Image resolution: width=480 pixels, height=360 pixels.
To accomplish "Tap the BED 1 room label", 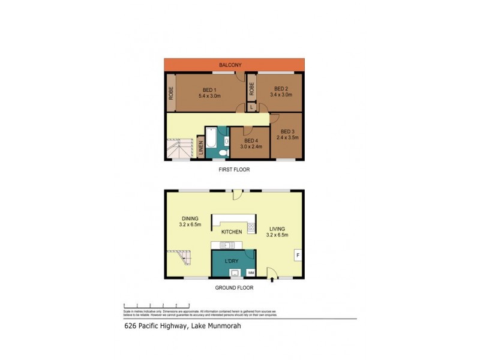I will (x=210, y=90).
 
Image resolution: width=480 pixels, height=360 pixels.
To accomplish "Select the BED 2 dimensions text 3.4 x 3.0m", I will (x=281, y=95).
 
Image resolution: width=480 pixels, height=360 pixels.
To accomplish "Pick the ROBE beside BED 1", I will (x=171, y=92).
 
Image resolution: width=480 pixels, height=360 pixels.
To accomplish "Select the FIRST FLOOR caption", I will (x=234, y=170).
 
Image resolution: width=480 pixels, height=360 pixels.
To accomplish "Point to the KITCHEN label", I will (x=232, y=232).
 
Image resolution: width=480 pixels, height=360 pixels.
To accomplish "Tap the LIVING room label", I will (x=278, y=228).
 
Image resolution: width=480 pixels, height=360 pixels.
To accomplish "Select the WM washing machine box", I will (x=250, y=274).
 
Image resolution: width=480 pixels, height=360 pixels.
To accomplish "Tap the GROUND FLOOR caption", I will (x=234, y=287).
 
